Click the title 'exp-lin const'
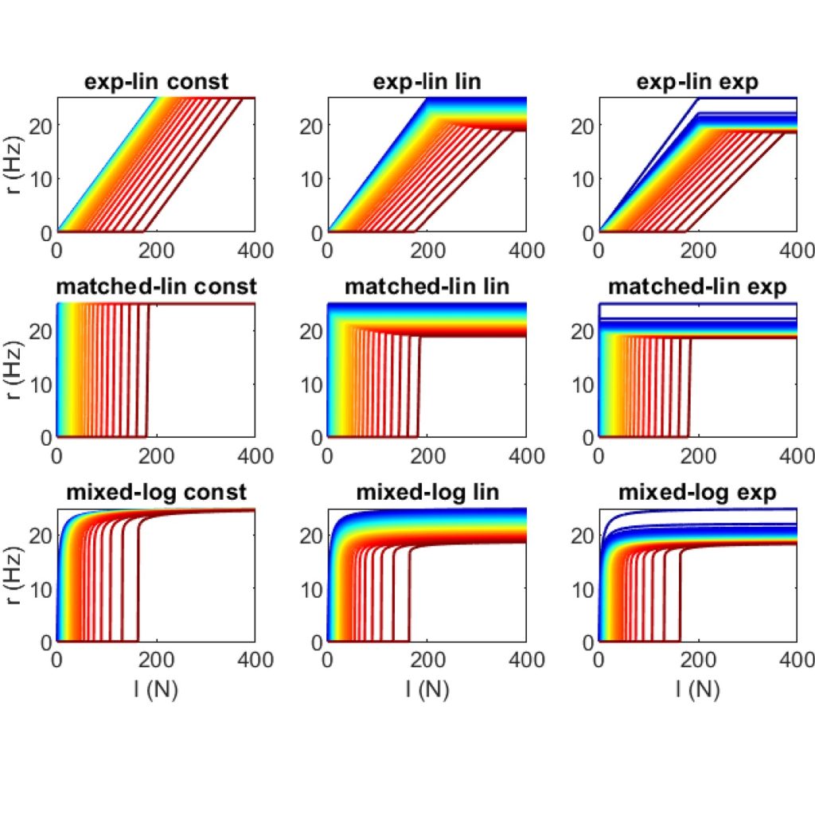point(157,81)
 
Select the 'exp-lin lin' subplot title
point(427,81)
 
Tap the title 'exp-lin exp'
point(697,81)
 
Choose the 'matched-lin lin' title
point(427,287)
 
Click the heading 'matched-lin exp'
point(697,287)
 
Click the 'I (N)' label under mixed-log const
point(157,689)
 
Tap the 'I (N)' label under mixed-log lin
point(427,689)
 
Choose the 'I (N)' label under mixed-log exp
point(697,689)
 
